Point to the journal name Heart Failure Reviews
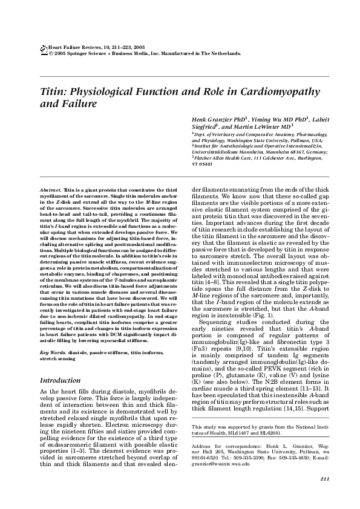click(73, 47)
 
